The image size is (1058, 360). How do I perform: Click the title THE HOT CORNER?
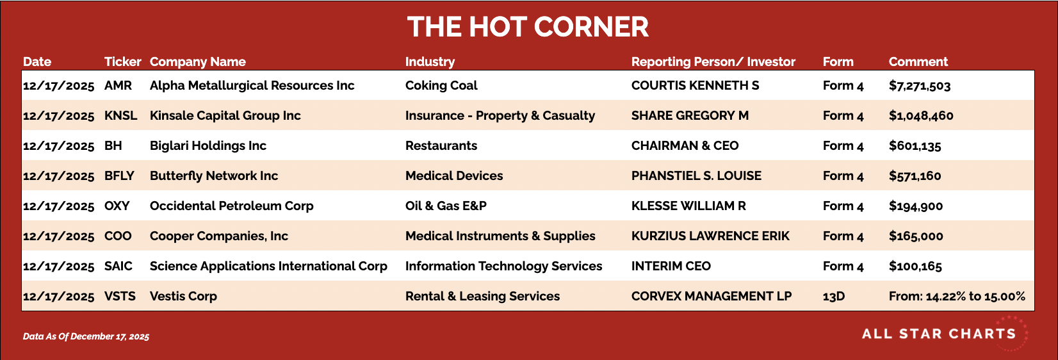pyautogui.click(x=528, y=26)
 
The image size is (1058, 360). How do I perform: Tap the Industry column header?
pyautogui.click(x=430, y=62)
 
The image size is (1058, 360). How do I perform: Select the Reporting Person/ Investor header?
pyautogui.click(x=713, y=62)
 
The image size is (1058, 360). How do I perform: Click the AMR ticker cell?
pyautogui.click(x=118, y=85)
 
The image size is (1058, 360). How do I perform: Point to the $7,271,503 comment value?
pyautogui.click(x=920, y=86)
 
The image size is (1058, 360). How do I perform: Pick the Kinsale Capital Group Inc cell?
pyautogui.click(x=225, y=116)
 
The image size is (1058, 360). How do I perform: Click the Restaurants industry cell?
pyautogui.click(x=441, y=145)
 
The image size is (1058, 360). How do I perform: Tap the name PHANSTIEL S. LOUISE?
pyautogui.click(x=696, y=176)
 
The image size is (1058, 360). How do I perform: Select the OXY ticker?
pyautogui.click(x=117, y=206)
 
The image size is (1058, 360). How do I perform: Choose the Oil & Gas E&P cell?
pyautogui.click(x=446, y=206)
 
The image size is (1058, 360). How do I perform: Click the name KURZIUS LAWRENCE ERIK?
pyautogui.click(x=710, y=236)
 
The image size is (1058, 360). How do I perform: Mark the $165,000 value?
pyautogui.click(x=916, y=236)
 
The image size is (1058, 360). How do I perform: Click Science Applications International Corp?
pyautogui.click(x=268, y=266)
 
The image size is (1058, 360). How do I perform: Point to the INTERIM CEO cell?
pyautogui.click(x=671, y=266)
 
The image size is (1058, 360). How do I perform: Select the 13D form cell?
pyautogui.click(x=834, y=296)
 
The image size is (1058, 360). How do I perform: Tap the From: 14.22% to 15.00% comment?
pyautogui.click(x=957, y=296)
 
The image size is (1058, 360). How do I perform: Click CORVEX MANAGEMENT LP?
pyautogui.click(x=712, y=296)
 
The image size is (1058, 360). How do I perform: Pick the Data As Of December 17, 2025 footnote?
pyautogui.click(x=86, y=336)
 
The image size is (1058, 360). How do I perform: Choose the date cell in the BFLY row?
pyautogui.click(x=58, y=176)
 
